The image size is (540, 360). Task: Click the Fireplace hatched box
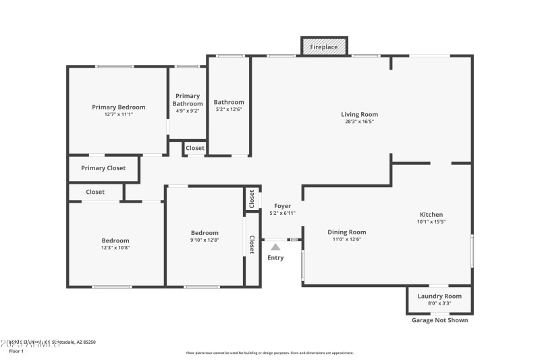tap(324, 47)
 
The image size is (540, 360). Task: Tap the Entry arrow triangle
tap(275, 247)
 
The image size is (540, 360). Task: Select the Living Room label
tap(359, 114)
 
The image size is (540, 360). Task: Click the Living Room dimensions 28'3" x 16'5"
tap(359, 122)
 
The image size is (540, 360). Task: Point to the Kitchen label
tap(431, 214)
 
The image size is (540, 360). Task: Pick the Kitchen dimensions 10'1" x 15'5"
tap(431, 222)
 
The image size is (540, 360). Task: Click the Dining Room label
tap(347, 232)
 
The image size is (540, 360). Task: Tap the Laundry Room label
tap(439, 296)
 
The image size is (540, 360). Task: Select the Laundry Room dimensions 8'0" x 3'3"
tap(439, 303)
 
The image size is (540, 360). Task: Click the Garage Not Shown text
tap(439, 320)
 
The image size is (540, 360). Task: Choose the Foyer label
tap(282, 205)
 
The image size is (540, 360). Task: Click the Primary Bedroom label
tap(119, 107)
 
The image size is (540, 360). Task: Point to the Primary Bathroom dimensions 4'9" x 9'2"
tap(187, 111)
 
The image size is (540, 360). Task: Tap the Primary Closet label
tap(103, 168)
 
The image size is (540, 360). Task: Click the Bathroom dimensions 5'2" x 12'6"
tap(230, 109)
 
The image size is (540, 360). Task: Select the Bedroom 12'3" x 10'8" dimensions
tap(115, 248)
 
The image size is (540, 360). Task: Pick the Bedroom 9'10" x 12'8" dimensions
tap(205, 240)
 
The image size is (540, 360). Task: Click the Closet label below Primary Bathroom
tap(195, 148)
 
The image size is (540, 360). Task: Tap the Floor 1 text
tap(16, 351)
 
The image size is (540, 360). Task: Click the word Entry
tap(275, 258)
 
